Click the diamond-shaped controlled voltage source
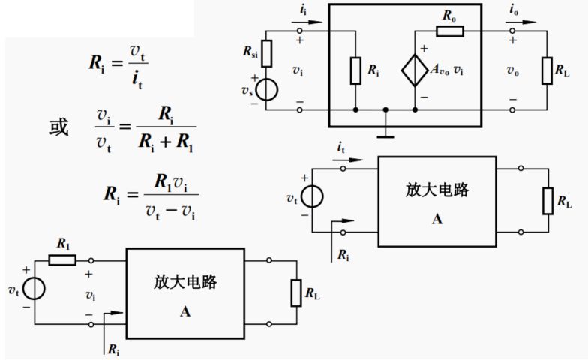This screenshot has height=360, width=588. (x=415, y=70)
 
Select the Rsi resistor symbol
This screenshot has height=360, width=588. (x=267, y=53)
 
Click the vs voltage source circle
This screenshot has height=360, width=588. (x=267, y=88)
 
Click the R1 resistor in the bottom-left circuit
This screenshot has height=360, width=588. (x=62, y=259)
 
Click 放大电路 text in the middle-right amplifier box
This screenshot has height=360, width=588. (x=437, y=190)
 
